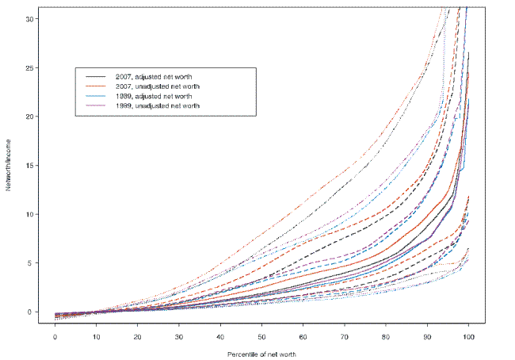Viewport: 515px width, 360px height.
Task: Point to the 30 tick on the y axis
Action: coord(31,19)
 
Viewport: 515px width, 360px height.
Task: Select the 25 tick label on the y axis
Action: coord(31,68)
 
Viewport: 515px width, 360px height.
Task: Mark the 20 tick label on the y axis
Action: coord(31,117)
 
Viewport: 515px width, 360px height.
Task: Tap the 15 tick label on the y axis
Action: coord(31,166)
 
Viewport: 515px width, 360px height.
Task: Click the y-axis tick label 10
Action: coord(31,214)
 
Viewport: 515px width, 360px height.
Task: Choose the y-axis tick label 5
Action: coord(32,263)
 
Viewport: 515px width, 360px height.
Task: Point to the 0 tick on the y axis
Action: coord(32,312)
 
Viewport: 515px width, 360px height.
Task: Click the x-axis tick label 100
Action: coord(468,337)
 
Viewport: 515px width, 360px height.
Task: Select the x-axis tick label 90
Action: coord(427,337)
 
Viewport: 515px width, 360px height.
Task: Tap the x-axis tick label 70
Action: coord(345,337)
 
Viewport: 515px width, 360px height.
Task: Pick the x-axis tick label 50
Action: coord(261,337)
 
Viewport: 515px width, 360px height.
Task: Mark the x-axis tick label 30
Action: coord(179,337)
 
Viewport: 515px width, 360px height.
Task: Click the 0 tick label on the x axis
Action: coord(55,337)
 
